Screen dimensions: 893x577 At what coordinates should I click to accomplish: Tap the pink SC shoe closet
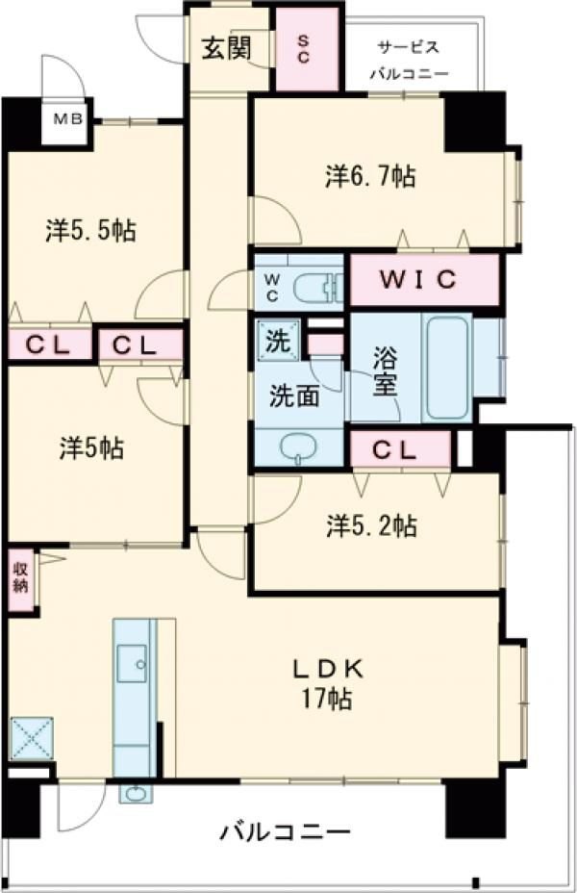click(307, 49)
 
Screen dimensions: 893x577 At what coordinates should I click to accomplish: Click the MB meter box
click(67, 120)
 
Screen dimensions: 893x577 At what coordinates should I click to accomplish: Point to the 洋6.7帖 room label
click(370, 177)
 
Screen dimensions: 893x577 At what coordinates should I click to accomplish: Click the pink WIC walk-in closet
click(424, 280)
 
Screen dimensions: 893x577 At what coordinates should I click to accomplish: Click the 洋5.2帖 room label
click(370, 525)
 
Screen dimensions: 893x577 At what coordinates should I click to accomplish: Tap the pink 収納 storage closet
click(20, 578)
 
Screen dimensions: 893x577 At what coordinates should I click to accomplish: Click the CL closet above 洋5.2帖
click(399, 448)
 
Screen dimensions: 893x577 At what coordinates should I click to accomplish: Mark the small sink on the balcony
click(133, 793)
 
